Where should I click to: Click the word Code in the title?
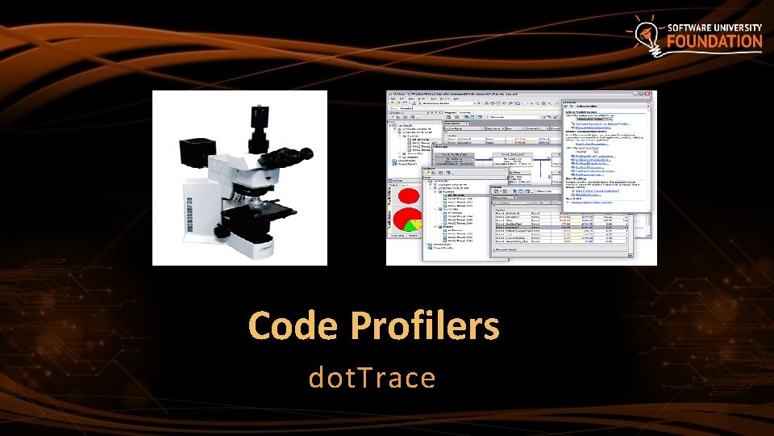tap(293, 326)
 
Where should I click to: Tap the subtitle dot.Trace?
tap(372, 377)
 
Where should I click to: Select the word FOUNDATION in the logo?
tap(714, 42)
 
